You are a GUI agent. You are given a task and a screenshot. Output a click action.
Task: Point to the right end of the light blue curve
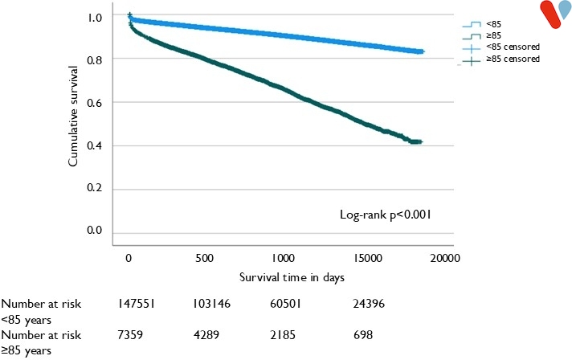pos(423,51)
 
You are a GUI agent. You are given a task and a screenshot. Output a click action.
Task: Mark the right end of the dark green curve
pos(420,141)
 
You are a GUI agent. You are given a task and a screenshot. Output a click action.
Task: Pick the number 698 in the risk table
pos(364,332)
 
